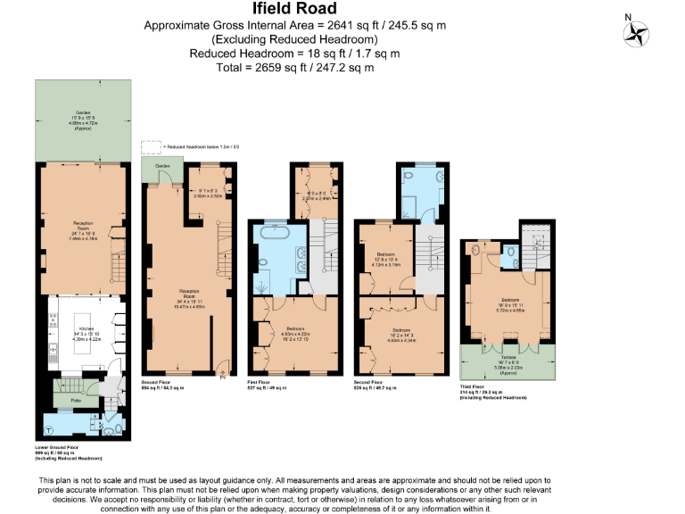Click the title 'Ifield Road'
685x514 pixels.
coord(295,10)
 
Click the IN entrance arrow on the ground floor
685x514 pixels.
coord(222,375)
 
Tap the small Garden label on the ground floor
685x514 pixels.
coord(161,166)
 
